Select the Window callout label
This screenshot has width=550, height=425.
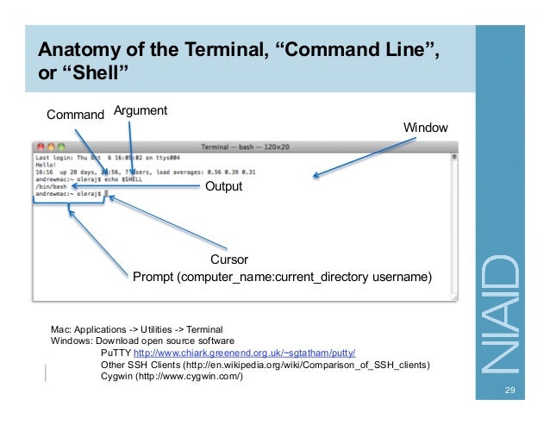click(426, 128)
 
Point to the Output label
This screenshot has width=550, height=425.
click(222, 186)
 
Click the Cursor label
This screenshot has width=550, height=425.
click(229, 259)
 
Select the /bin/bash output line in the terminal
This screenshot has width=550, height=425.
click(48, 185)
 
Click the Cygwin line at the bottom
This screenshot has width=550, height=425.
click(172, 377)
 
